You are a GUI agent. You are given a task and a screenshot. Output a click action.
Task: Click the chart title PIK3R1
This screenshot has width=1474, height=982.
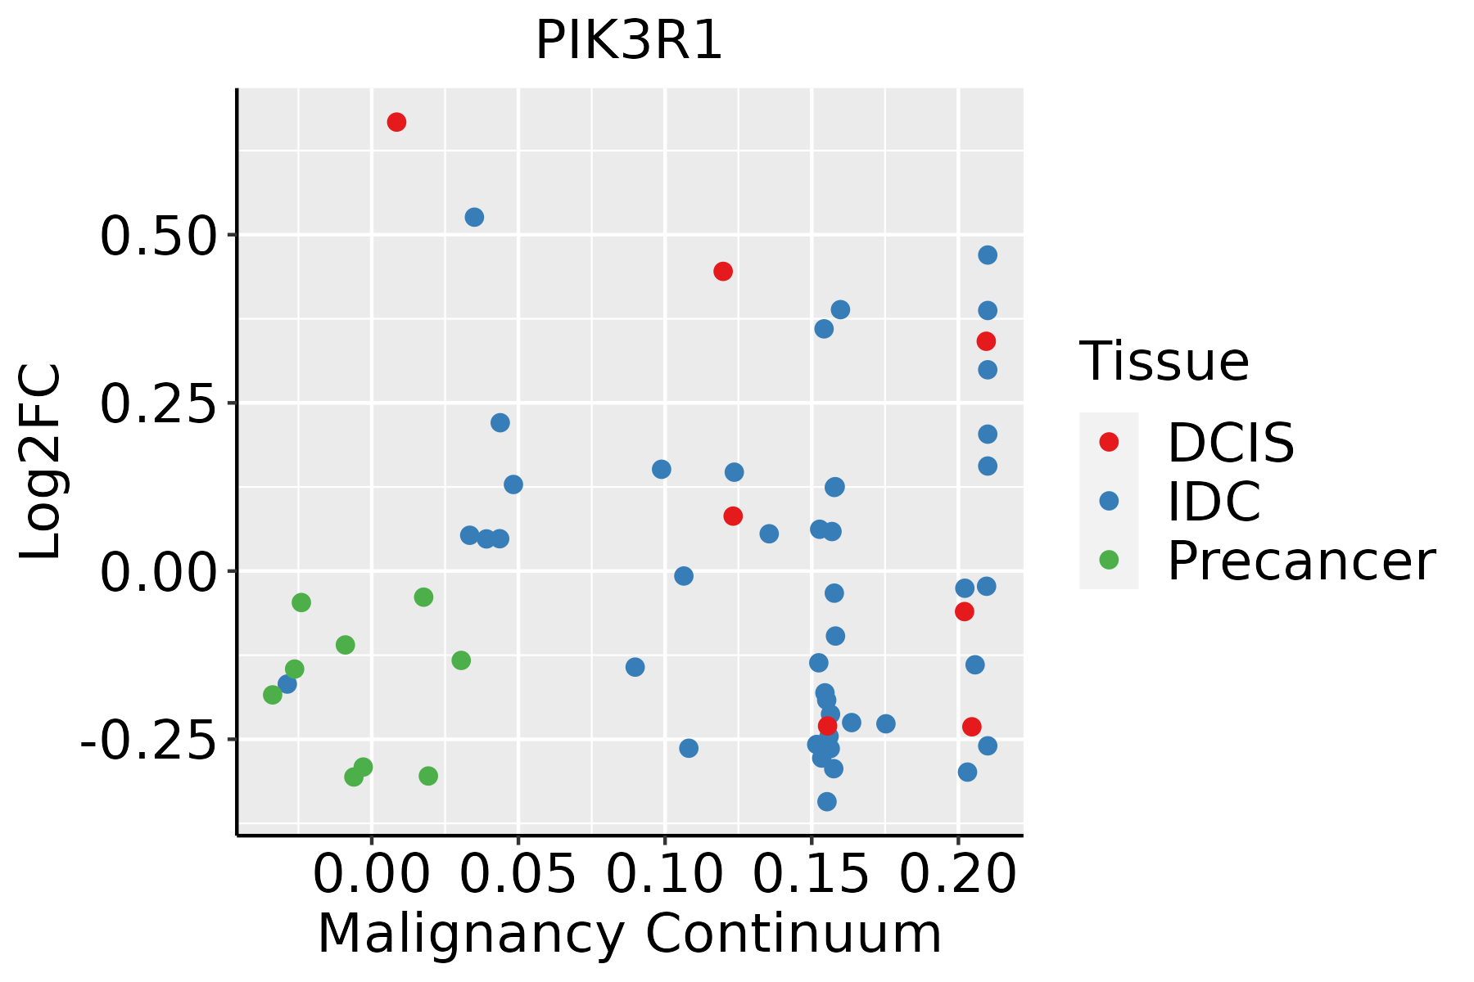(x=629, y=41)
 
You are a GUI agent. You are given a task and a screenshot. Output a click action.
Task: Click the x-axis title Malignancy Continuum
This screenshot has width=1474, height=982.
(x=629, y=935)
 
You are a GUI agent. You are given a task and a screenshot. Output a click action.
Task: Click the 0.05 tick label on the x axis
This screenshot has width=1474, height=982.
(x=518, y=874)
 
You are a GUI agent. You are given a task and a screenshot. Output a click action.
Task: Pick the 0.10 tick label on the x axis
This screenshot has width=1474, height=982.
(x=664, y=874)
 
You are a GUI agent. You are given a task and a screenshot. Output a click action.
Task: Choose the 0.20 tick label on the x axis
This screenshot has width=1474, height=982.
(x=957, y=874)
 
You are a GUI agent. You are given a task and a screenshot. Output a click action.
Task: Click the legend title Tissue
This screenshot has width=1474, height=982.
(x=1164, y=361)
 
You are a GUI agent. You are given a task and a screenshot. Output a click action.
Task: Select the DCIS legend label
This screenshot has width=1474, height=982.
(x=1230, y=443)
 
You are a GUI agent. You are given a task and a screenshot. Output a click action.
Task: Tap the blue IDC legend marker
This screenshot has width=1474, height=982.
(x=1109, y=501)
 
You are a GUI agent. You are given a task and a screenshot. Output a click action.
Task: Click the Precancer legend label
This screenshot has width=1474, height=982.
(x=1300, y=561)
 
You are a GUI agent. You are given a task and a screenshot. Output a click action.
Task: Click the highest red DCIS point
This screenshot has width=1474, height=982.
(x=396, y=122)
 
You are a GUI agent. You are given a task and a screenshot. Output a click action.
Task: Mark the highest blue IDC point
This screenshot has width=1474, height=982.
(x=474, y=217)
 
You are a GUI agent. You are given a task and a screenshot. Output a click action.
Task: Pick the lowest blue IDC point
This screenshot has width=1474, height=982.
(x=827, y=801)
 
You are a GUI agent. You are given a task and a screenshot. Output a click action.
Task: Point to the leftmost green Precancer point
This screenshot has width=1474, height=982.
(x=273, y=695)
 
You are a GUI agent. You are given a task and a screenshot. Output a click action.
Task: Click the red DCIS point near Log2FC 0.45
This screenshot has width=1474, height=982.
(x=723, y=271)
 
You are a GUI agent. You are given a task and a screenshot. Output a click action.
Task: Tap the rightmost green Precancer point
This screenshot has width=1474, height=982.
(x=461, y=660)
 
